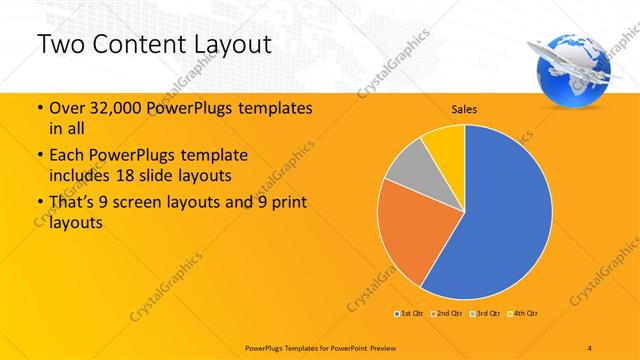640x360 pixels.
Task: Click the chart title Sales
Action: point(463,108)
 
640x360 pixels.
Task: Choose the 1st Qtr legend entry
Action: point(409,314)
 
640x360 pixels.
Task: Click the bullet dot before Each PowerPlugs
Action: point(39,156)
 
